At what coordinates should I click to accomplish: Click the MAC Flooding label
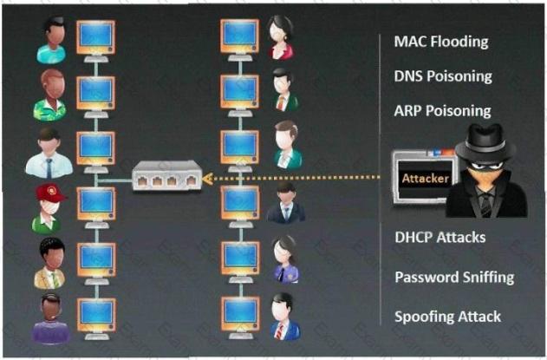(440, 41)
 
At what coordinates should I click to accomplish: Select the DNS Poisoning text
(442, 75)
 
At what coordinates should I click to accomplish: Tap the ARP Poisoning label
(442, 111)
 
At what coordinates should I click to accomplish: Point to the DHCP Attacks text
(440, 238)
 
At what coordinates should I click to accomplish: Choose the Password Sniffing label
(454, 278)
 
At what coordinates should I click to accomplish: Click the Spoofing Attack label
(447, 317)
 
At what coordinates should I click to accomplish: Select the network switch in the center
(167, 179)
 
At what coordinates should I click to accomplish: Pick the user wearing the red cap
(49, 208)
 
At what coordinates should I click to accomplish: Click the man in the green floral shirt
(49, 95)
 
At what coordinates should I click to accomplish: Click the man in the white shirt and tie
(49, 154)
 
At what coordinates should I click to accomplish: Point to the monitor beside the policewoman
(238, 258)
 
